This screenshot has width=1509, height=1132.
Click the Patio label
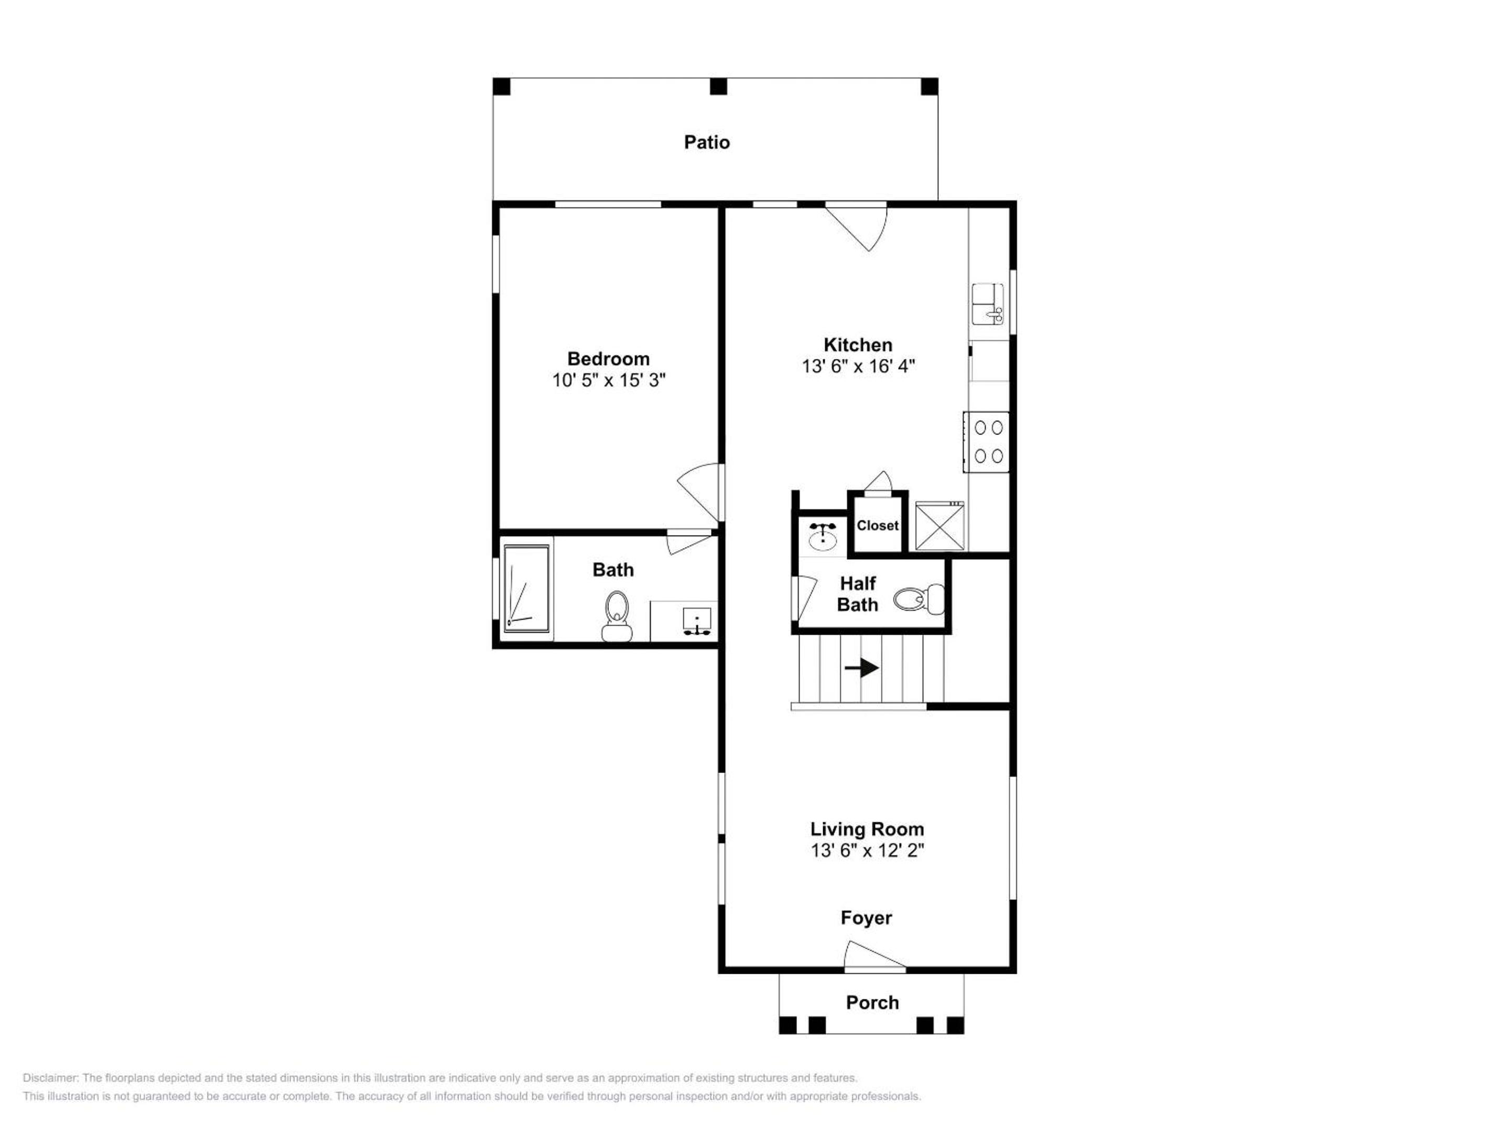point(707,142)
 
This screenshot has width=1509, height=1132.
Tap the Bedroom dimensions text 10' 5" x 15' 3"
point(608,380)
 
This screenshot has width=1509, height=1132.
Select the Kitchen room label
point(858,345)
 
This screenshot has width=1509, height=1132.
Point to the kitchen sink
point(988,303)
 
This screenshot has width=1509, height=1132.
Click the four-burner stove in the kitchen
point(987,441)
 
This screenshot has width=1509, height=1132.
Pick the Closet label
point(877,526)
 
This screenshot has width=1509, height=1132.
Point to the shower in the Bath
point(527,588)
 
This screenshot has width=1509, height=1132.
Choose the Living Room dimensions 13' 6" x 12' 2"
point(867,850)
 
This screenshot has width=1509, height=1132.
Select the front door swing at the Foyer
point(874,955)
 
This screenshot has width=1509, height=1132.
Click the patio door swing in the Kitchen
point(857,226)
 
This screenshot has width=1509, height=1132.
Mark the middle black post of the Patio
point(718,86)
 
